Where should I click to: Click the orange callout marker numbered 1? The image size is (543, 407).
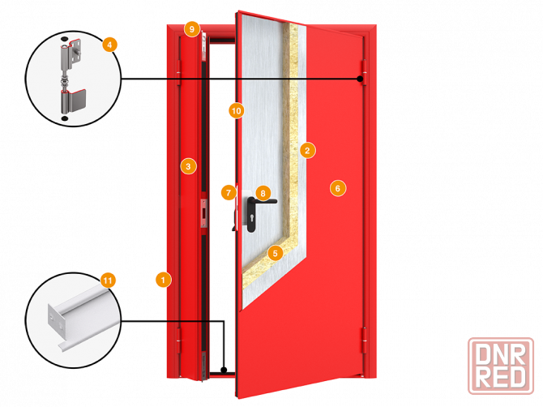(x=163, y=280)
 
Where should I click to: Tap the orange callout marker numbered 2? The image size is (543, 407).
(x=306, y=149)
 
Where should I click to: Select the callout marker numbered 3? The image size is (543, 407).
(x=188, y=166)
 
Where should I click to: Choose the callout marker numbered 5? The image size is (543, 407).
(x=275, y=253)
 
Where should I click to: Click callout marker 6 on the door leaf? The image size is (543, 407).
(x=338, y=188)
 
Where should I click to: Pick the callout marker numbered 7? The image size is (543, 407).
(x=229, y=193)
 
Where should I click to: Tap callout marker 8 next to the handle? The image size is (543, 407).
(x=262, y=193)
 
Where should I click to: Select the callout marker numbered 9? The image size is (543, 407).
(x=191, y=29)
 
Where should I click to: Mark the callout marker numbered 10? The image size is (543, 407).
(x=236, y=109)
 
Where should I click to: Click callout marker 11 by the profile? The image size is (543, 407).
(x=108, y=281)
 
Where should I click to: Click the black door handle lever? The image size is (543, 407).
(x=267, y=202)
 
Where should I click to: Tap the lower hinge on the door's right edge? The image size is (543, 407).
(x=364, y=341)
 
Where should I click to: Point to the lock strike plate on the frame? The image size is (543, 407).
(x=204, y=210)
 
